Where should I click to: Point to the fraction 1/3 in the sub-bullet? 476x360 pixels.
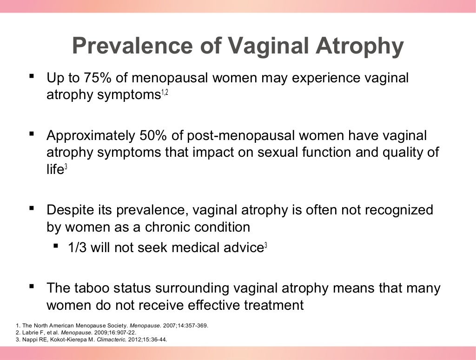click(78, 247)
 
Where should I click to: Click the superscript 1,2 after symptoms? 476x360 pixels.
click(165, 94)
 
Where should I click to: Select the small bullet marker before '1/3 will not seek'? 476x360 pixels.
click(56, 246)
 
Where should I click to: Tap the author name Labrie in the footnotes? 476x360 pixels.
click(30, 333)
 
